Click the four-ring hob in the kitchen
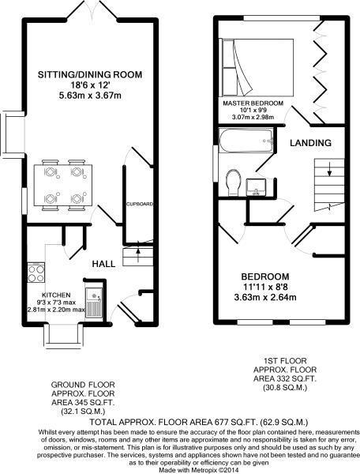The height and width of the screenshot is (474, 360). [x=36, y=273]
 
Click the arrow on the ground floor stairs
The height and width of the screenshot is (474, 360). [x=139, y=254]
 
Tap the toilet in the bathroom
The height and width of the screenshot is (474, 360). [x=234, y=181]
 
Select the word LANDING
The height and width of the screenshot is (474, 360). [x=309, y=143]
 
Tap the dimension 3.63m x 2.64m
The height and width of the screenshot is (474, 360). [x=268, y=298]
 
